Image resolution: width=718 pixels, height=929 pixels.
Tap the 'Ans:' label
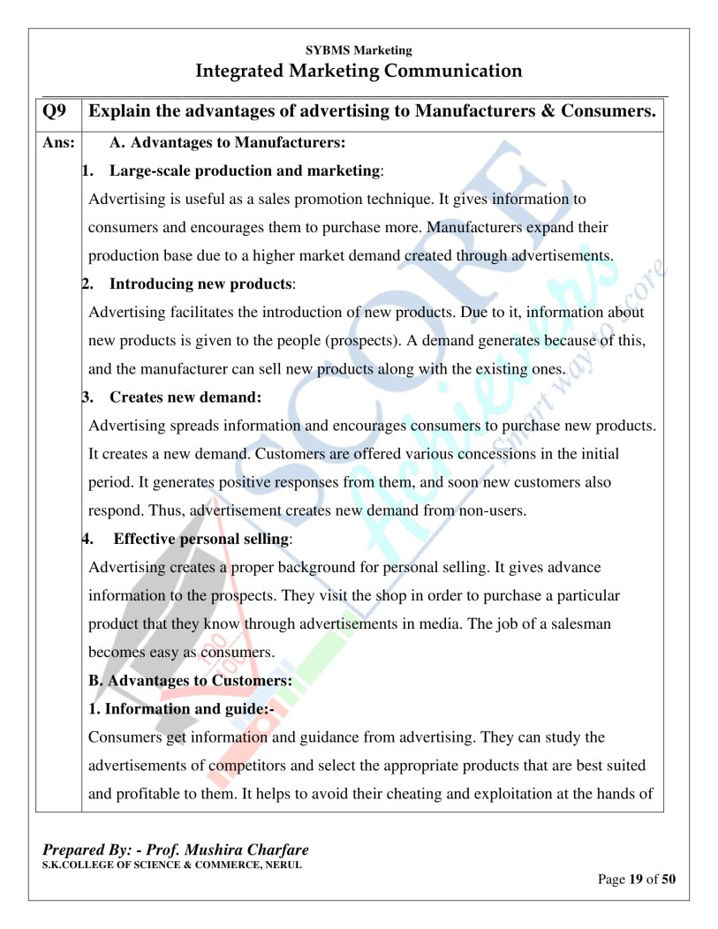58,141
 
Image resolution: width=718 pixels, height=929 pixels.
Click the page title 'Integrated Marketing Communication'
359,71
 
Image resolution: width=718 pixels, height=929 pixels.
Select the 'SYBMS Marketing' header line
359,50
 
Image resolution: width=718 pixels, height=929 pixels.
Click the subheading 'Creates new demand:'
185,397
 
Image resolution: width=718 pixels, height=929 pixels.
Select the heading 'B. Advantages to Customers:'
190,681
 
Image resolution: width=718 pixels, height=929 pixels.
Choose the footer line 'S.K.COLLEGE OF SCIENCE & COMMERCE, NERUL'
172,865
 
